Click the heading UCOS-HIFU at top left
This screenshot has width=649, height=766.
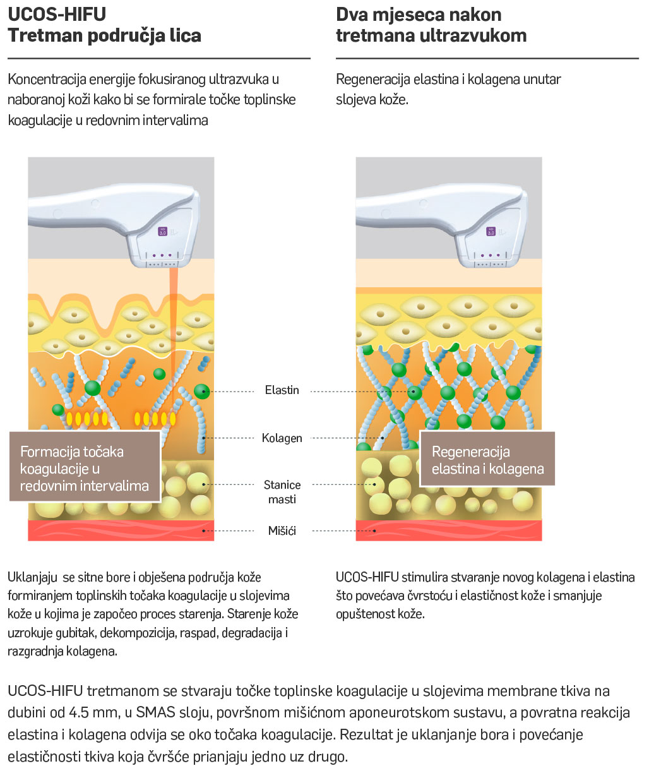tap(57, 14)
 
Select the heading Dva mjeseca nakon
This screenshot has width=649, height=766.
tap(419, 14)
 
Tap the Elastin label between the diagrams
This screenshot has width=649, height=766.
tap(282, 390)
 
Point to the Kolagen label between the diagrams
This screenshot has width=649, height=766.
tap(282, 438)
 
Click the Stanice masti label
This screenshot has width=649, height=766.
tap(282, 492)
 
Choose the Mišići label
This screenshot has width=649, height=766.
tap(282, 530)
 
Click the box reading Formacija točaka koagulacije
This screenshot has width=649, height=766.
tap(85, 468)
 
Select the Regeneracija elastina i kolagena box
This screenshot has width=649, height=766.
tap(487, 460)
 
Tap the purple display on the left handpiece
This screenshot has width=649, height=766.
tap(163, 232)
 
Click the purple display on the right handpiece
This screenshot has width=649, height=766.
tap(491, 232)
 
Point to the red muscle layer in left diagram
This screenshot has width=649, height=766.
tap(120, 530)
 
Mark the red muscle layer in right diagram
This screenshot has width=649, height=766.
tap(448, 530)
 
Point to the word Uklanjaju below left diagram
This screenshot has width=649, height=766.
tap(32, 577)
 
